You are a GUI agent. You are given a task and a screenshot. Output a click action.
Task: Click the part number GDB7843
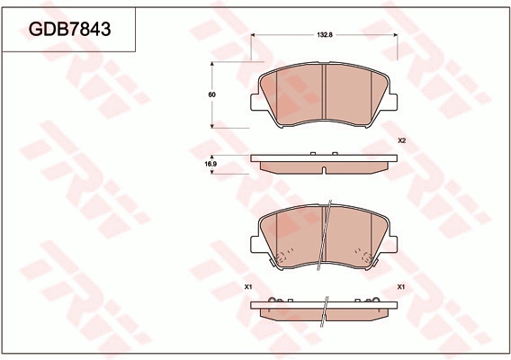coord(70,30)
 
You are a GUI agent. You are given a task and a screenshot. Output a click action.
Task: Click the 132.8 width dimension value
coord(325,35)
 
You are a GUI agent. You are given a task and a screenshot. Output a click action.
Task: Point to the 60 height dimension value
coord(211,94)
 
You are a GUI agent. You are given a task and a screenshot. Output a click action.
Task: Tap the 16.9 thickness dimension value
coord(211,164)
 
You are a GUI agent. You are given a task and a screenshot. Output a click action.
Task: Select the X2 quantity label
coord(401,141)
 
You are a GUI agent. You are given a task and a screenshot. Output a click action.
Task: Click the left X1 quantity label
coord(248,287)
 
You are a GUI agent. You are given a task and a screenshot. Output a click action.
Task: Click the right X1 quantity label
coord(401,287)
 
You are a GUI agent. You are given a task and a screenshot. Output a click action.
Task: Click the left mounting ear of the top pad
coord(255,102)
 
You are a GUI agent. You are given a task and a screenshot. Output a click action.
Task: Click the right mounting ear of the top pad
coord(393,102)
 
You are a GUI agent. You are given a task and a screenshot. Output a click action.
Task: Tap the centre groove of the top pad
coord(324,93)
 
